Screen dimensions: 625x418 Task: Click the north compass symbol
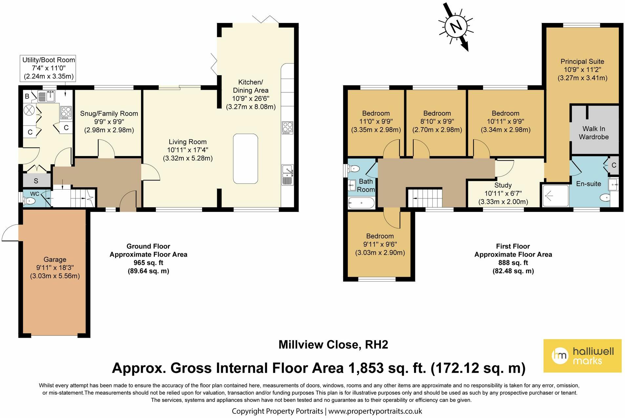tap(456, 26)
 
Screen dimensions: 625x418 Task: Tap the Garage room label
tap(55, 267)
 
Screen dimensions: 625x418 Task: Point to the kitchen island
tap(245, 158)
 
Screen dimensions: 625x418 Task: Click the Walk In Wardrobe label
tap(594, 133)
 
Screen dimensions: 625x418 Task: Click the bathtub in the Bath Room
tap(361, 203)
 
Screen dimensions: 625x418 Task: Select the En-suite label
tap(589, 184)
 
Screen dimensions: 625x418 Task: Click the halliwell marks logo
tap(582, 356)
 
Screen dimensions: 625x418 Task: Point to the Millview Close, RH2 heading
tap(333, 344)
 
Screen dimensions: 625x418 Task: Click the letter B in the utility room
tap(27, 96)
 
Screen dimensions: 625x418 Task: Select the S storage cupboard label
tap(36, 181)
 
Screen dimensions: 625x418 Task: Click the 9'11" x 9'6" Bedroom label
tap(380, 244)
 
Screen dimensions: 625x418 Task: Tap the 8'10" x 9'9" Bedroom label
tap(437, 121)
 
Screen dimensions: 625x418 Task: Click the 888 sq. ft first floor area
tap(513, 263)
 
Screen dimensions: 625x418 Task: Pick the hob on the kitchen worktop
tap(287, 128)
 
